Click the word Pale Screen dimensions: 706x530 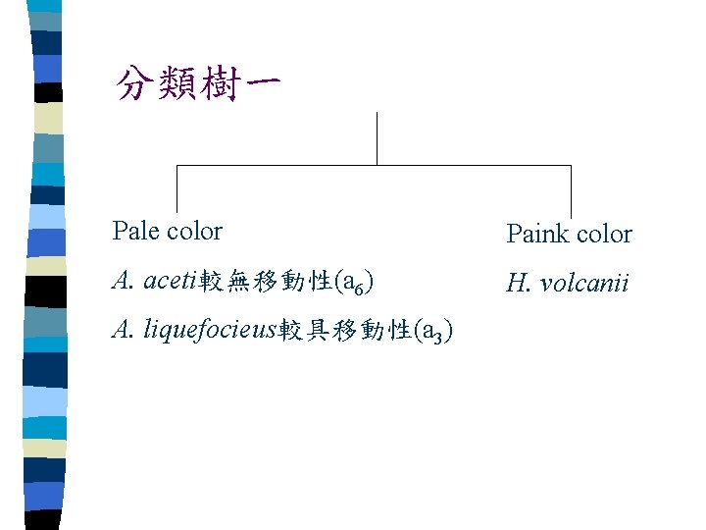[x=136, y=232]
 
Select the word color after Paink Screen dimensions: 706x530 [x=602, y=235]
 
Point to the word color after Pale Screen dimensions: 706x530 [x=195, y=232]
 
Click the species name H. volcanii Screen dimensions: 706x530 [x=567, y=284]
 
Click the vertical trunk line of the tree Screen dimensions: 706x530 [x=378, y=137]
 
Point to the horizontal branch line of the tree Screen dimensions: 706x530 [x=275, y=165]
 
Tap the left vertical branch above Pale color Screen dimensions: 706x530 [x=176, y=188]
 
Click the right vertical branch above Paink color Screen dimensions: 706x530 [x=571, y=190]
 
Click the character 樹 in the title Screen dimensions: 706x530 [x=225, y=83]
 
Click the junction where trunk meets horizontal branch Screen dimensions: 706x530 [x=378, y=165]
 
